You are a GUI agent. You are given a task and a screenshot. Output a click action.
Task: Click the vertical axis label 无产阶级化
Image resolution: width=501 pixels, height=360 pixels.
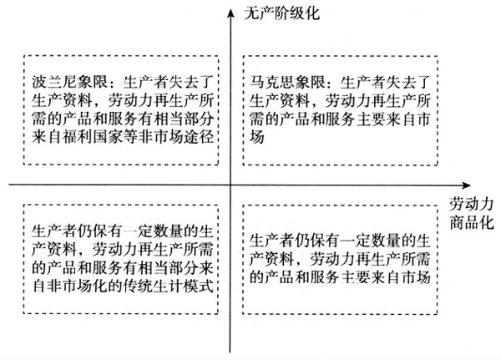click(282, 13)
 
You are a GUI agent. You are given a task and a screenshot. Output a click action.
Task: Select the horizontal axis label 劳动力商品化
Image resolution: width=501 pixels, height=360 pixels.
click(472, 213)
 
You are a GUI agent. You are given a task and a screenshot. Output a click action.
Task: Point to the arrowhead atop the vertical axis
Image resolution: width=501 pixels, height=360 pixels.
click(230, 13)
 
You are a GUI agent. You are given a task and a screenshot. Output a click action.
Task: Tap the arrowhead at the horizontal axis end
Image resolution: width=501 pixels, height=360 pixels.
click(466, 185)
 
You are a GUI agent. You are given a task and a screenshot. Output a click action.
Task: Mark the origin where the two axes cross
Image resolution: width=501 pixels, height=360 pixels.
click(230, 185)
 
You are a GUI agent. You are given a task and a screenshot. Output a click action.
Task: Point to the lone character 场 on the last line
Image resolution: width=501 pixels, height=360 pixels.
click(257, 137)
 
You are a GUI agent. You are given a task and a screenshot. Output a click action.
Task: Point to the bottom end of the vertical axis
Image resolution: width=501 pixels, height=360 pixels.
click(230, 352)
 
